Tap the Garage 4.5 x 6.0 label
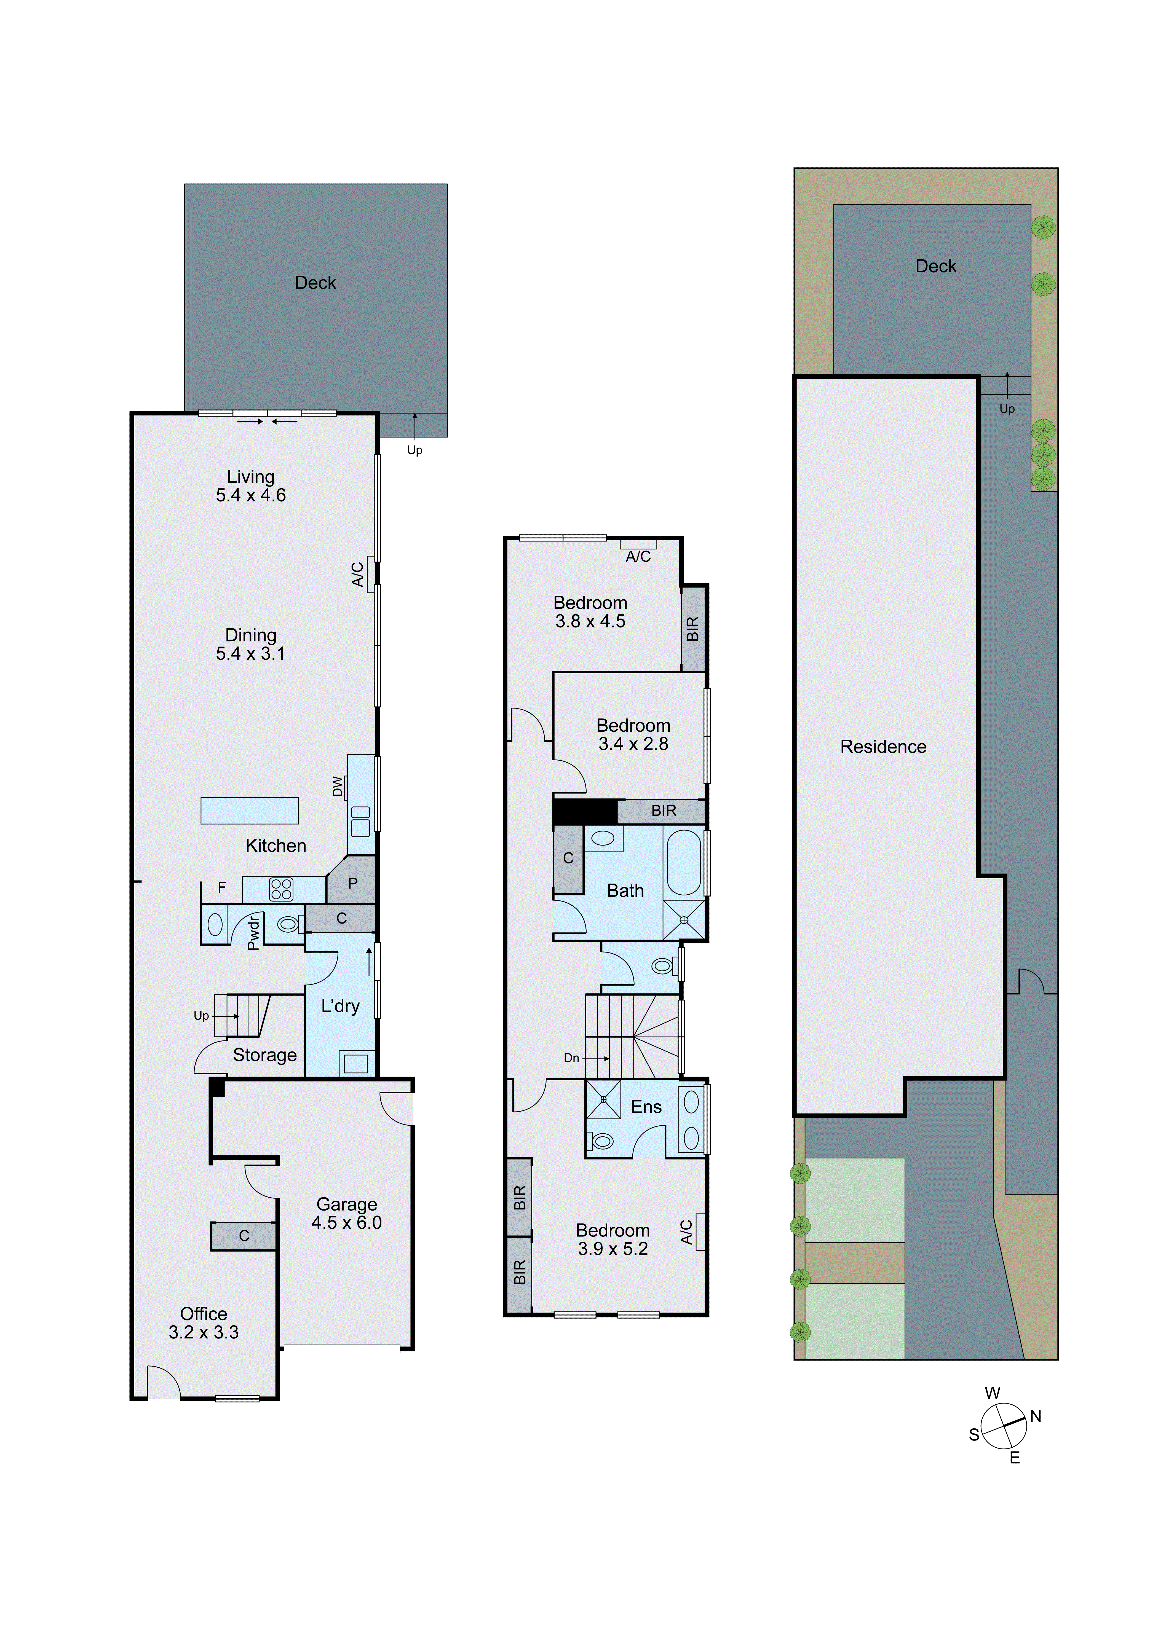click(x=346, y=1213)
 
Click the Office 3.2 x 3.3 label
click(x=203, y=1323)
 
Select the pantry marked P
click(x=352, y=883)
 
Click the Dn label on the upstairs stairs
click(x=571, y=1058)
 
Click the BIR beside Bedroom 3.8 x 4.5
click(x=693, y=629)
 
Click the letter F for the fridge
click(x=222, y=887)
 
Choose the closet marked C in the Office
click(x=244, y=1236)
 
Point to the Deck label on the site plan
click(x=935, y=266)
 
